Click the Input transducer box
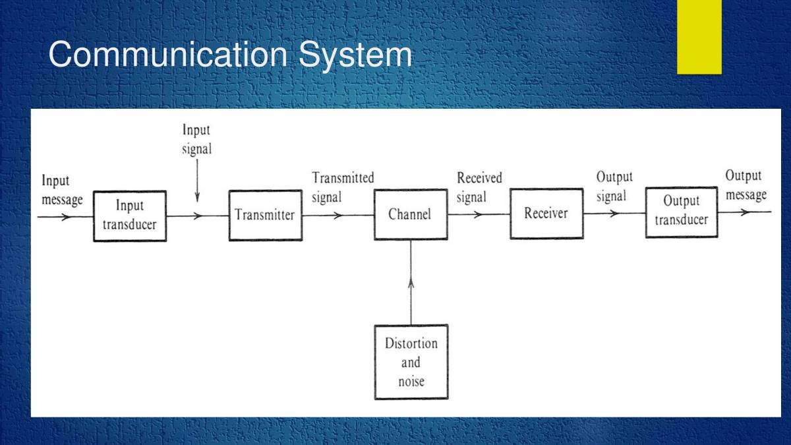(130, 216)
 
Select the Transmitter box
(265, 215)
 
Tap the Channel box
(410, 214)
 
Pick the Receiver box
(546, 214)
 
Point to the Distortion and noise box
(411, 362)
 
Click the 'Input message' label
(62, 191)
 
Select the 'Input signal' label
(196, 140)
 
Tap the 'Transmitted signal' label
(343, 188)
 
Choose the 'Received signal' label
(479, 187)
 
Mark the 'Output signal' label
(614, 187)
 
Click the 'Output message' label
(746, 185)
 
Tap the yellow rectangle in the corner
(699, 37)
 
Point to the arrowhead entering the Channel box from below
(411, 283)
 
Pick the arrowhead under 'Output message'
(745, 212)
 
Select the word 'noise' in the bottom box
(411, 382)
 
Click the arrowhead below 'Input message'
(65, 216)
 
